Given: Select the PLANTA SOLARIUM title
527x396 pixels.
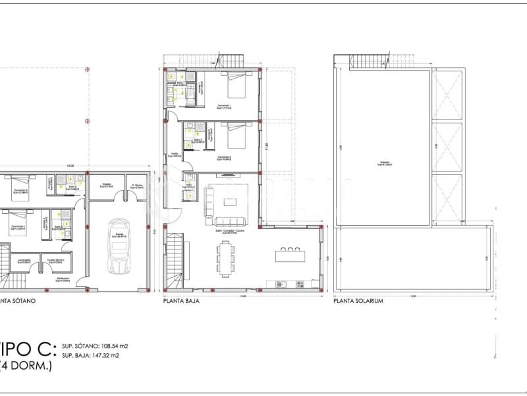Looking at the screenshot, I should coord(358,300).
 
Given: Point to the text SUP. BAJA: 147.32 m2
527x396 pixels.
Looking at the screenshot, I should coord(90,355).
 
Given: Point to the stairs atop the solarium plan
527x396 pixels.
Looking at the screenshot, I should coord(362,62).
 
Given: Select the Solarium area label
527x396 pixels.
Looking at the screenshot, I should coord(384,164).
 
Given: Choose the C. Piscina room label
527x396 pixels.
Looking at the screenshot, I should coord(137,186).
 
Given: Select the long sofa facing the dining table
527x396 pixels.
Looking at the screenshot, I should coord(228,222).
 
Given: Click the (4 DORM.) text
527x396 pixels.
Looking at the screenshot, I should coord(26,366).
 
